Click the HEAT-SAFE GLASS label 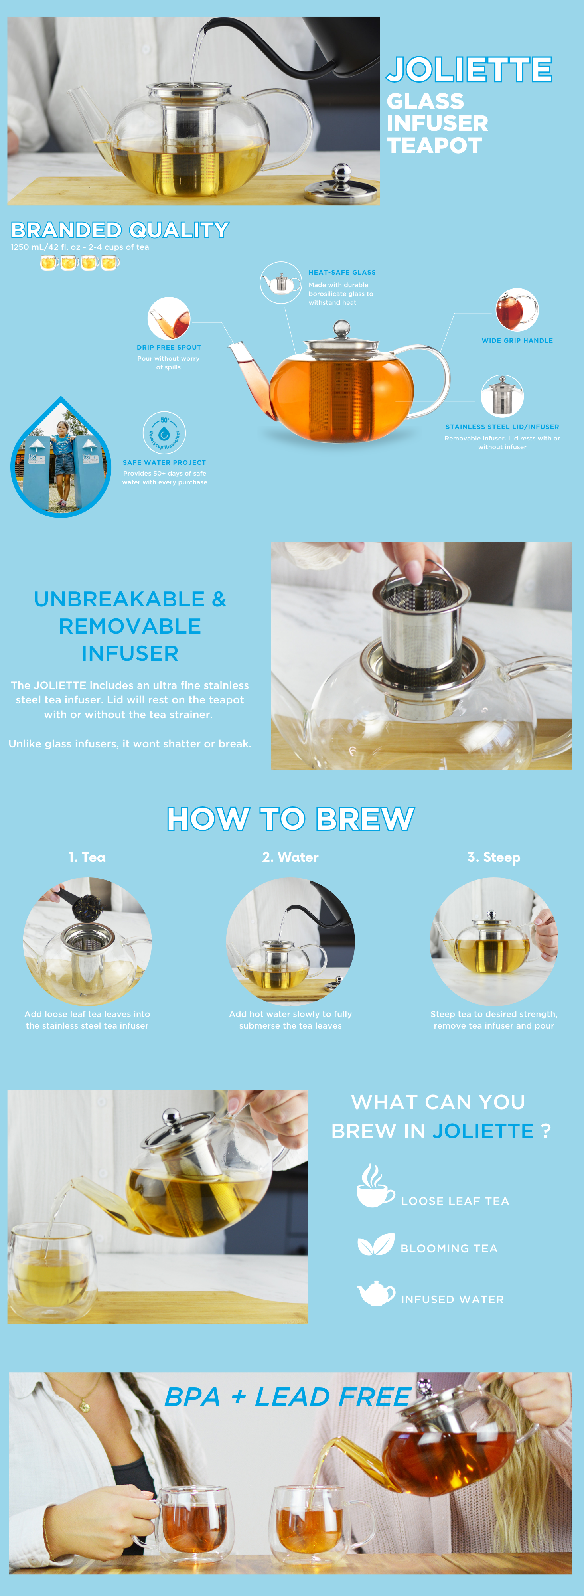coord(342,272)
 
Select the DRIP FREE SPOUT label coord(169,347)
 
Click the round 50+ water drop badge coord(164,433)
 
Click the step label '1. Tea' coord(87,857)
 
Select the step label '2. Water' coord(290,857)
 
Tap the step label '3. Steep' coord(493,857)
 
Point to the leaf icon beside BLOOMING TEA coord(376,1245)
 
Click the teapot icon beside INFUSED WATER coord(376,1293)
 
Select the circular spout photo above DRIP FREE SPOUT coord(168,318)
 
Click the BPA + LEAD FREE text coord(287,1397)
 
